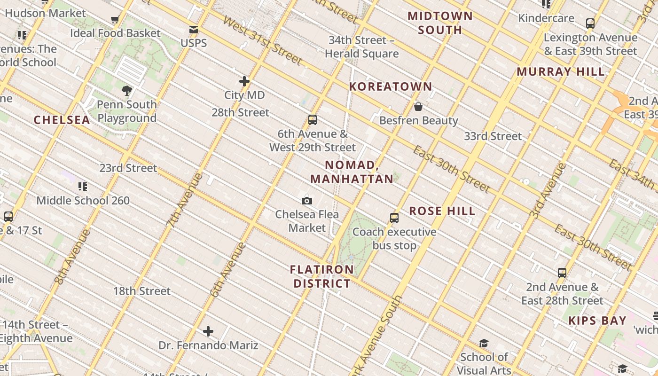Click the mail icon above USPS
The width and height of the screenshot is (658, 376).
[193, 30]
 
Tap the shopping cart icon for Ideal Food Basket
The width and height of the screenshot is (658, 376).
[115, 20]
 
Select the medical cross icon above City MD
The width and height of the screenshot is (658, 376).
[244, 81]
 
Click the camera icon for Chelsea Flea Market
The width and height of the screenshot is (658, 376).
[307, 201]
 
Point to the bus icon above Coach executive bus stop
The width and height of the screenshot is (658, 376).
[394, 218]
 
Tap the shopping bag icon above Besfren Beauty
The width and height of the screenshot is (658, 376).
[418, 107]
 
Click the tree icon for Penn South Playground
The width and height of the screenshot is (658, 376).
[126, 91]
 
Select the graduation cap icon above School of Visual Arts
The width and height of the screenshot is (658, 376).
[484, 344]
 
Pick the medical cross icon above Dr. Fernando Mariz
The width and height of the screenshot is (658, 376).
[208, 332]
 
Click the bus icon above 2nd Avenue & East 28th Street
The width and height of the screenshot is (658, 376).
[562, 273]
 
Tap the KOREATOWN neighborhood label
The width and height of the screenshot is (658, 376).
[391, 86]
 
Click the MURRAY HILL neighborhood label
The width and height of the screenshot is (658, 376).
[561, 72]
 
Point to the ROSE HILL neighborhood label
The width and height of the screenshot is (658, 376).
[442, 211]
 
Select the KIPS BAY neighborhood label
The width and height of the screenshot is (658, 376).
[597, 321]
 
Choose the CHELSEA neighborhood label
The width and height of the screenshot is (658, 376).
[62, 120]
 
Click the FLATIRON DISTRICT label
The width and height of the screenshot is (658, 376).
[322, 276]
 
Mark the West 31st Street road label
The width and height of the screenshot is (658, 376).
[262, 40]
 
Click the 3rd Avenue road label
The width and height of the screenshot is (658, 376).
[548, 190]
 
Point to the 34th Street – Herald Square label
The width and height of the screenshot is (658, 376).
[361, 47]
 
